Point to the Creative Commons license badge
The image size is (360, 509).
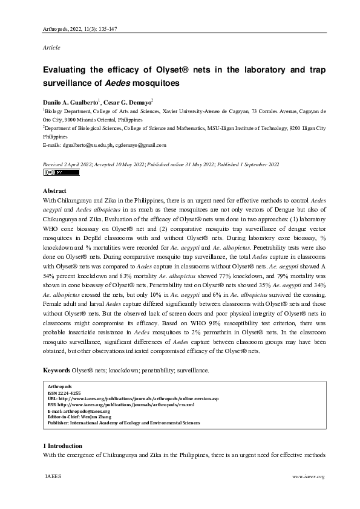click(62, 172)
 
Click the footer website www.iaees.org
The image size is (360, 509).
click(309, 476)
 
